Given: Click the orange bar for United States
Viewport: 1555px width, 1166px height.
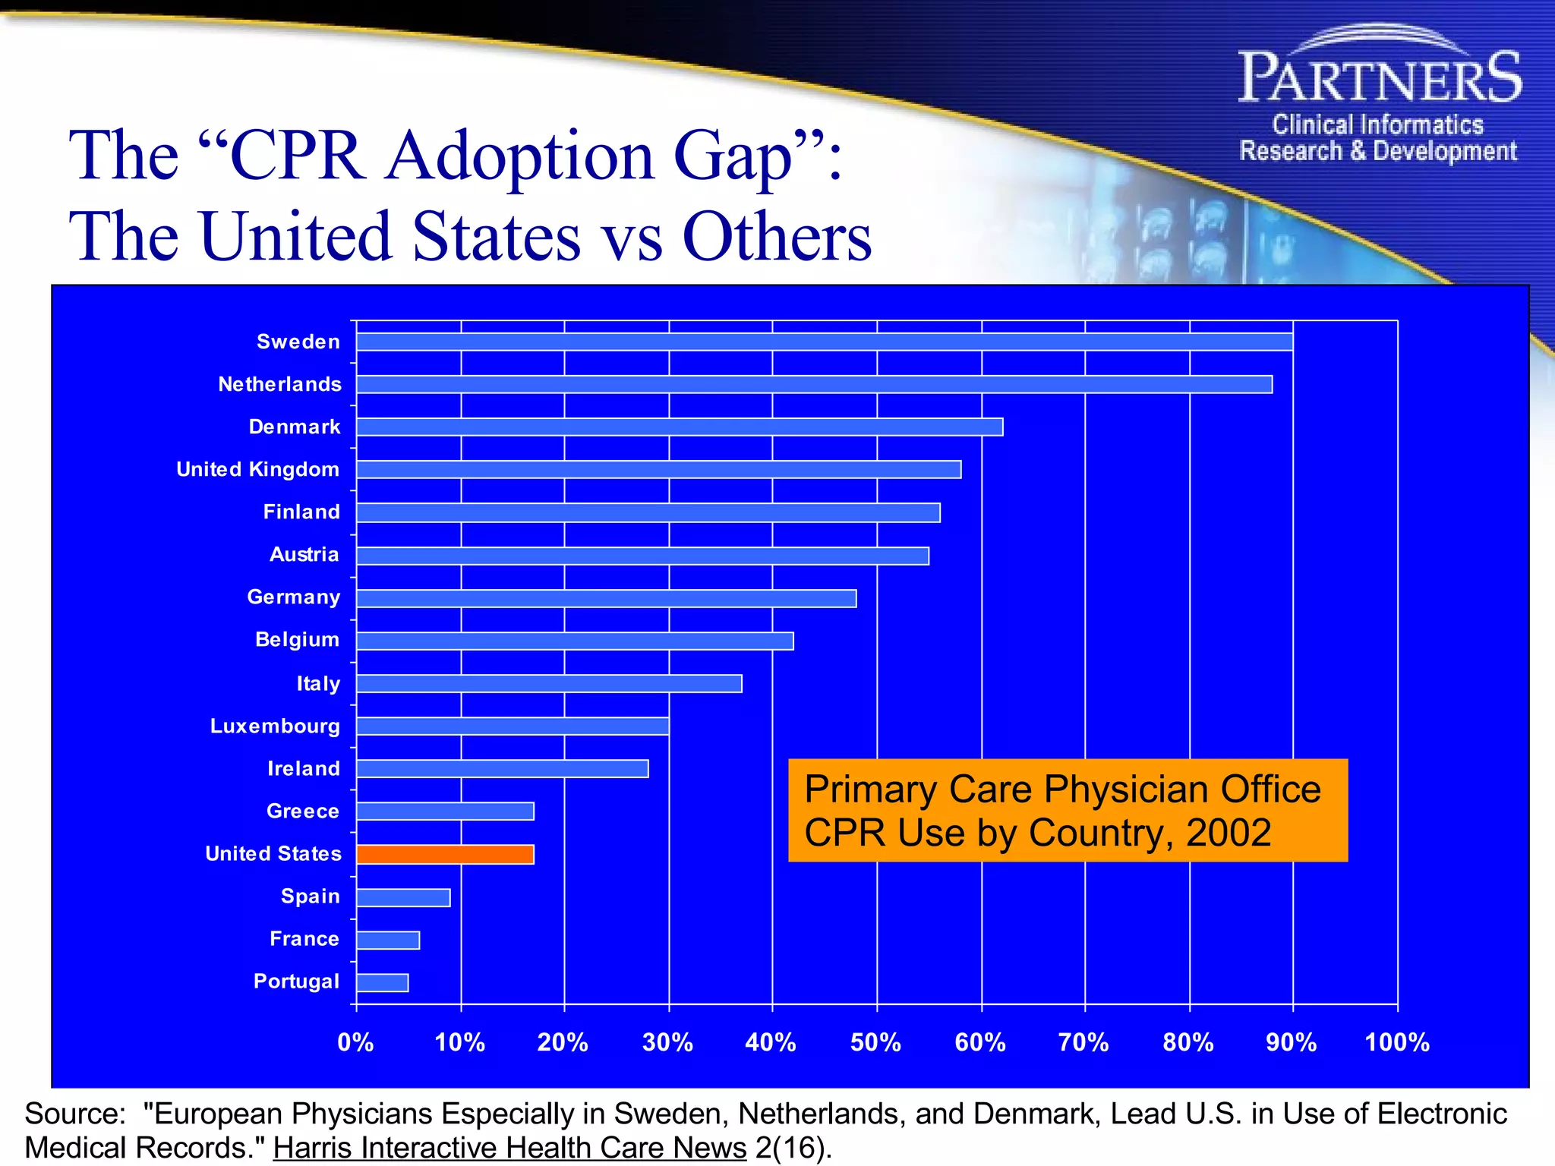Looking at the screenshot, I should (445, 854).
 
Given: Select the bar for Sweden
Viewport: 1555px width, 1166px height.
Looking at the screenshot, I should (824, 342).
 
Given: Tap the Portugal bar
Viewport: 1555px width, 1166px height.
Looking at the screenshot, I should (382, 982).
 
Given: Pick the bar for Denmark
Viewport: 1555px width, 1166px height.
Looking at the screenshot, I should (680, 427).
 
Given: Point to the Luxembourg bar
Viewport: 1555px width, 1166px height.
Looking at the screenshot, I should (513, 726).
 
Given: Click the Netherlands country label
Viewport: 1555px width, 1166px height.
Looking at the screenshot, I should (279, 384).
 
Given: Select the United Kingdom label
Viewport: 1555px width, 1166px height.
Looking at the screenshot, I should (257, 469).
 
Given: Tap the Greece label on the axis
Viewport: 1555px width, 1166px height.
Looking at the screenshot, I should (302, 811).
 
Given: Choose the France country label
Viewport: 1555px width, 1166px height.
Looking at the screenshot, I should (304, 939).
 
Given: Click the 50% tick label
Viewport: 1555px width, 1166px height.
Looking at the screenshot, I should (875, 1042).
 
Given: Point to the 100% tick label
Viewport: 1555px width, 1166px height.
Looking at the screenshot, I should (1397, 1042).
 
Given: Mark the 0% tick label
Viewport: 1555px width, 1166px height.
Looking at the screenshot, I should (355, 1042).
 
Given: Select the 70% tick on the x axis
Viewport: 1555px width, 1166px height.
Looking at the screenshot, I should (1083, 1042).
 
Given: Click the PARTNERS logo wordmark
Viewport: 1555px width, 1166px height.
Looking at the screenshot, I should (1380, 77).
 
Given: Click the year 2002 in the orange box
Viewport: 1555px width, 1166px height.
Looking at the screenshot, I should (1228, 833).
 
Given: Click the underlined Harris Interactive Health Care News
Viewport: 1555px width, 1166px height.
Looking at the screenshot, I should (509, 1148).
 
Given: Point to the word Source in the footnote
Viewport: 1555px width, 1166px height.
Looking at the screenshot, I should (74, 1114).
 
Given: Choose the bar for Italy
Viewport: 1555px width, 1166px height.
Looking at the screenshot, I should (549, 684).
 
